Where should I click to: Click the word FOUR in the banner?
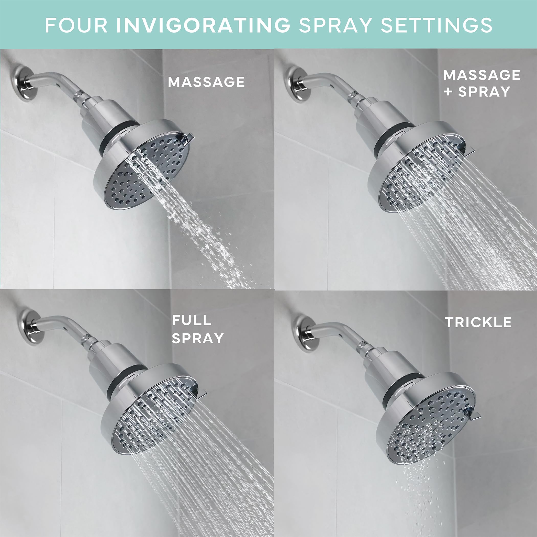(76, 25)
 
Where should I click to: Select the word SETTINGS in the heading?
(437, 25)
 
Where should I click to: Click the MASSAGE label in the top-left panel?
(206, 82)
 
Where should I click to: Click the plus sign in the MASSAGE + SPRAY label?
(449, 92)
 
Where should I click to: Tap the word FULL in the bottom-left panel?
(192, 320)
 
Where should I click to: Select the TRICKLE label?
(478, 322)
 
